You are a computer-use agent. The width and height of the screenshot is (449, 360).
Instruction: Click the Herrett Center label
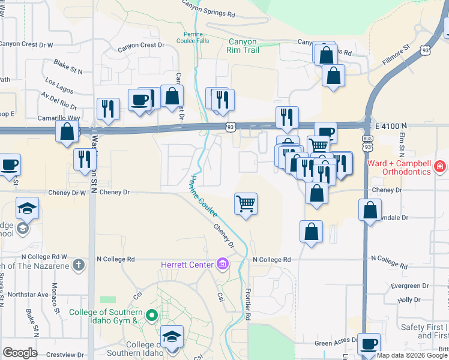pos(187,265)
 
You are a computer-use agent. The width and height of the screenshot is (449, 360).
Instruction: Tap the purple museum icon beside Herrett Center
pos(222,264)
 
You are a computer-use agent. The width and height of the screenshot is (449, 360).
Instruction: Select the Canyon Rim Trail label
pos(244,46)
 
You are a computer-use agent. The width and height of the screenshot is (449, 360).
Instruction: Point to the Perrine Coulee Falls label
pos(193,37)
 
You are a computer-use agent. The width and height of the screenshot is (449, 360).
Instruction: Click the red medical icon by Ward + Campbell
pos(439,165)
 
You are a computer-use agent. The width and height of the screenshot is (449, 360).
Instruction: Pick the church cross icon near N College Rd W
pos(79,265)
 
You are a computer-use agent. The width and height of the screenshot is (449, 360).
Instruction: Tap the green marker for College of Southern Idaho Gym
pos(152,315)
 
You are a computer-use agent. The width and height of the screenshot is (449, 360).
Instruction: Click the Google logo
pos(20,353)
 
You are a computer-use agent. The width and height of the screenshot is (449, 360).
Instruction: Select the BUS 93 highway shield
pos(367,145)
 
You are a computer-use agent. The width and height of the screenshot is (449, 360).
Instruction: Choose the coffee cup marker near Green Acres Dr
pos(369,344)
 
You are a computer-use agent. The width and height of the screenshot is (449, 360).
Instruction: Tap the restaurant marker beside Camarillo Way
pos(108,109)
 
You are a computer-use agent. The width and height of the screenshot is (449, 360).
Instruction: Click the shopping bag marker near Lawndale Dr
pos(370,210)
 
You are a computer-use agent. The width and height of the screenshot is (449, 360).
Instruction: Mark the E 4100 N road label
pos(391,126)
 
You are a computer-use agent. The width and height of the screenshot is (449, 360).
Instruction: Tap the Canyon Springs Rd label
pos(208,10)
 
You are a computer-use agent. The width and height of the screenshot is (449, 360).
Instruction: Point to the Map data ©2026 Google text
pos(412,355)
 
